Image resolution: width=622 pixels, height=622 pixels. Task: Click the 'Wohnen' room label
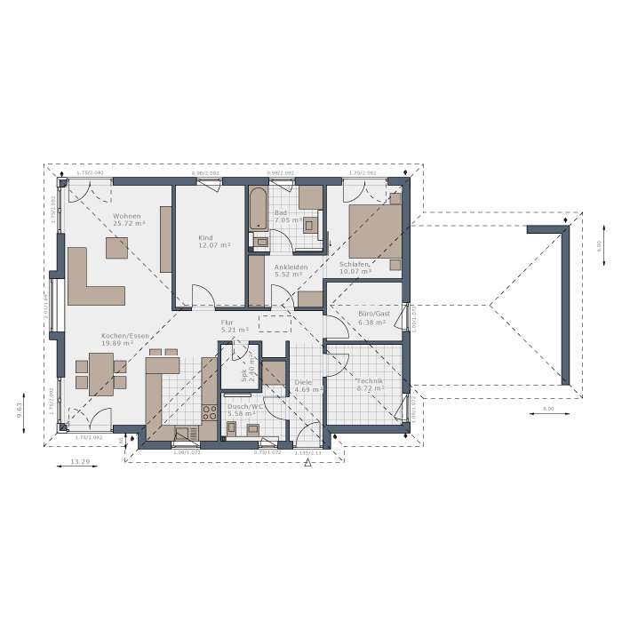pyautogui.click(x=126, y=217)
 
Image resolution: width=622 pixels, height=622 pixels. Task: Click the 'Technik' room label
pyautogui.click(x=371, y=379)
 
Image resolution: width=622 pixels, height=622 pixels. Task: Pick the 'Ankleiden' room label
pyautogui.click(x=291, y=267)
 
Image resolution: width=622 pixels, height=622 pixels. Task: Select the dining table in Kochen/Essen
pyautogui.click(x=100, y=372)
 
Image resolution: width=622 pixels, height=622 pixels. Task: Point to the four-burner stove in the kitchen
pyautogui.click(x=211, y=412)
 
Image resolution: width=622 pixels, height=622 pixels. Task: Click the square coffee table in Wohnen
pyautogui.click(x=116, y=247)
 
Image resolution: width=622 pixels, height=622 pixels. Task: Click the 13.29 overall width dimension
pyautogui.click(x=80, y=461)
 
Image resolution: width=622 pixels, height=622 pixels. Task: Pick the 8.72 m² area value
pyautogui.click(x=371, y=388)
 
